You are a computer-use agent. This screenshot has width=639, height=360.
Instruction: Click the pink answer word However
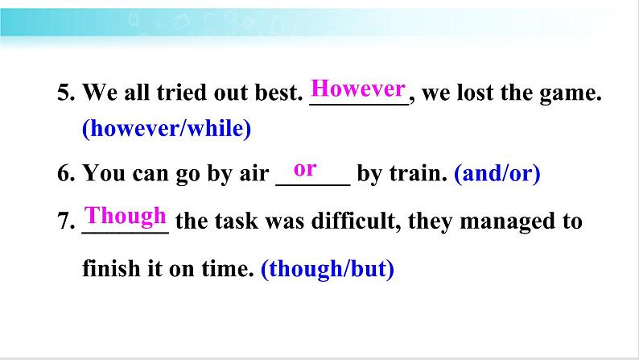pyautogui.click(x=358, y=89)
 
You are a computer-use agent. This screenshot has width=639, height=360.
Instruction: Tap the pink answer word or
pyautogui.click(x=305, y=169)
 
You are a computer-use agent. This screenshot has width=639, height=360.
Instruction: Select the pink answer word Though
pyautogui.click(x=125, y=216)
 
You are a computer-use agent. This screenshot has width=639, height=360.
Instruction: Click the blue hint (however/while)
pyautogui.click(x=167, y=128)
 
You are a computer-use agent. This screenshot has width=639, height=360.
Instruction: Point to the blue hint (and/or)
pyautogui.click(x=497, y=173)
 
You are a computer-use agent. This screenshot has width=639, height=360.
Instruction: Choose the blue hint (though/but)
pyautogui.click(x=328, y=269)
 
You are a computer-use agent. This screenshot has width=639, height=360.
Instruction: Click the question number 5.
pyautogui.click(x=66, y=93)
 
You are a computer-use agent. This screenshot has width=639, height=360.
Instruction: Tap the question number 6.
pyautogui.click(x=66, y=173)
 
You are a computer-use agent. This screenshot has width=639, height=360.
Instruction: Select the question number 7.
pyautogui.click(x=66, y=221)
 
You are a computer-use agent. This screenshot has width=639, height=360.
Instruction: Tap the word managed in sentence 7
pyautogui.click(x=507, y=222)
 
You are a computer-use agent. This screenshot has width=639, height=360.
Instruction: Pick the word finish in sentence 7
pyautogui.click(x=111, y=268)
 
